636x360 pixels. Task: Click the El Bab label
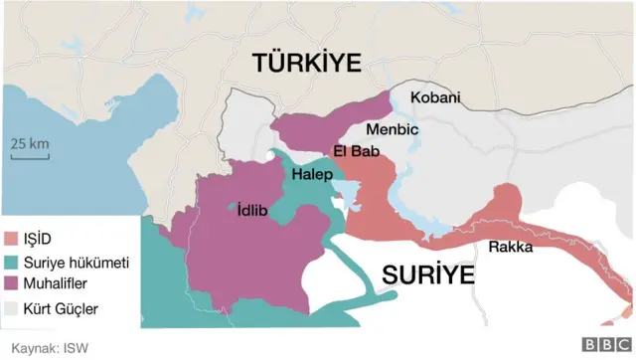(x=352, y=151)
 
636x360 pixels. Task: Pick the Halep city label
(x=312, y=174)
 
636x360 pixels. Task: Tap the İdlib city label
(x=252, y=210)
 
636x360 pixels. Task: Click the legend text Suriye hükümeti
(x=76, y=263)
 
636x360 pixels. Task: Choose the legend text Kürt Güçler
(x=61, y=308)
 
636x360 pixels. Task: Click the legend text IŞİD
(x=39, y=240)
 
